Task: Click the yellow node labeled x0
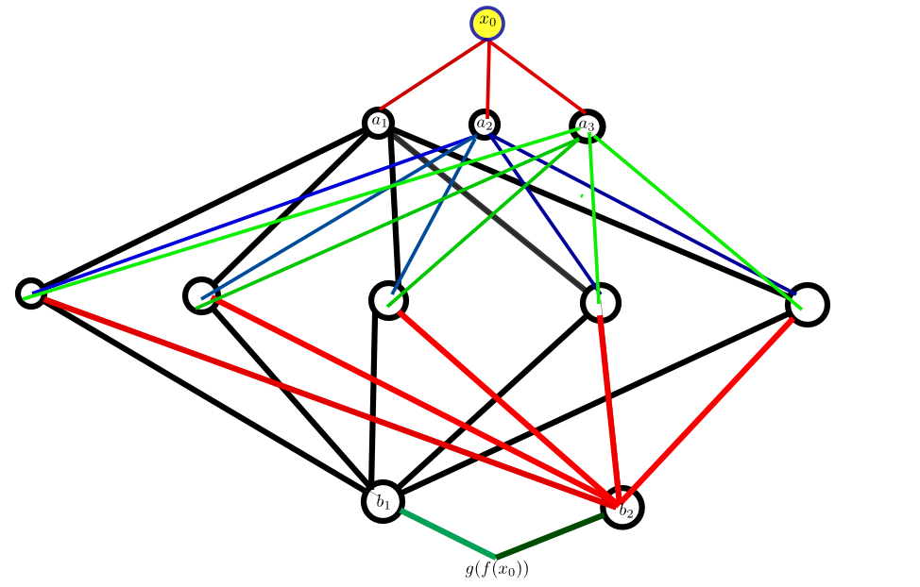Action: point(487,24)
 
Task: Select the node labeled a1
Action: point(379,122)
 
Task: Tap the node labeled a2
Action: point(485,124)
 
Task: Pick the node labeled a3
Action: point(587,126)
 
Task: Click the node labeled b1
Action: point(383,501)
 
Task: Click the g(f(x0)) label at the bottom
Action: point(497,570)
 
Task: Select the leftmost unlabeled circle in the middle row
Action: point(30,293)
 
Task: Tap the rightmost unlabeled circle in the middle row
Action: point(808,304)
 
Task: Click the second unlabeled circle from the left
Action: point(201,295)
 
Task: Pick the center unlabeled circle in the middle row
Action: point(388,300)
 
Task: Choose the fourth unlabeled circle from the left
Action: point(602,303)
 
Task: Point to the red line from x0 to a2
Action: point(487,75)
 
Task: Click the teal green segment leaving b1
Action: point(446,534)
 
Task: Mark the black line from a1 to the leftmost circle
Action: point(198,210)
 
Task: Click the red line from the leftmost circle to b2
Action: point(321,396)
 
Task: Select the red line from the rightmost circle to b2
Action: point(708,405)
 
